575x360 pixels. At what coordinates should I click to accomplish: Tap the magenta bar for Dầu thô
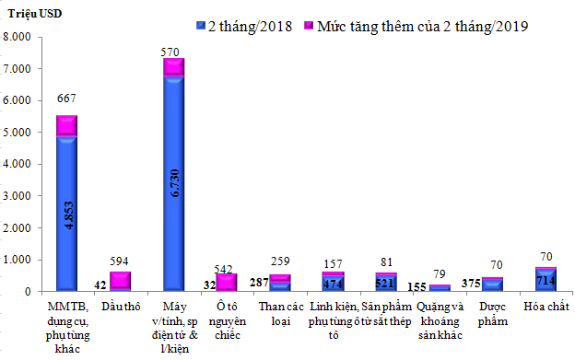[x=120, y=280]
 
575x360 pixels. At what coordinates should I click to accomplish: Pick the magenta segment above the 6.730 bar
[x=173, y=66]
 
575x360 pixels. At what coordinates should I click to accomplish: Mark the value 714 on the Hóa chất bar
[x=546, y=280]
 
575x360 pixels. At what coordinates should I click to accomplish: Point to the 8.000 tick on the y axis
[x=18, y=37]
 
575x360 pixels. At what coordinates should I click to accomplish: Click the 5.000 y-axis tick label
[x=18, y=133]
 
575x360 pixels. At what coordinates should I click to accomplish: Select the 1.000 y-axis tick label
[x=18, y=260]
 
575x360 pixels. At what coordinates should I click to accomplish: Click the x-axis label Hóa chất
[x=545, y=305]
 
